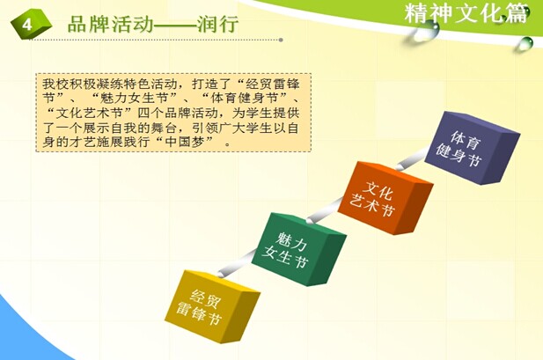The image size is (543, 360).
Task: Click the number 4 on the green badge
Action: [27, 25]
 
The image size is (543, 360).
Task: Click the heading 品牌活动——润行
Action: [153, 24]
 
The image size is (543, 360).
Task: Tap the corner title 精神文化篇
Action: [466, 14]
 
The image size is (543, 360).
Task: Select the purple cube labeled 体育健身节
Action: [472, 148]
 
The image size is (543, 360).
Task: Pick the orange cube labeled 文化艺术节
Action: [385, 198]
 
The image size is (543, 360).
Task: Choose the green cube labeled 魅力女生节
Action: [298, 249]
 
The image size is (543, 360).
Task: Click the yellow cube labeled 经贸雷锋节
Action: [212, 306]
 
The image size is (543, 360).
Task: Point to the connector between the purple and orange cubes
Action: [412, 159]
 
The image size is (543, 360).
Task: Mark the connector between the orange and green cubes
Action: [325, 210]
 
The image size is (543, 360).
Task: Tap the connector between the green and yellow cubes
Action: [238, 264]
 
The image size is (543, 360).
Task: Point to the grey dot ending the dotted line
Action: [281, 40]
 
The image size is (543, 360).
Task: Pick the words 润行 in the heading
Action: [218, 24]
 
